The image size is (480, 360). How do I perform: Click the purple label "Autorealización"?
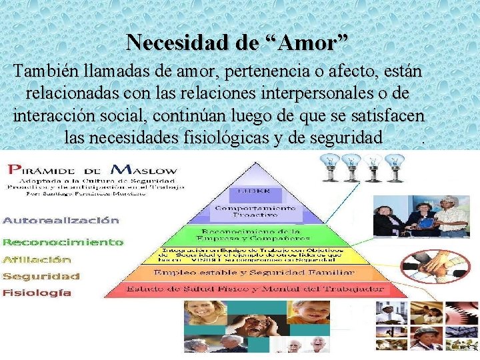tap(61, 220)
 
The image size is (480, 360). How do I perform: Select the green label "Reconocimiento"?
tap(63, 242)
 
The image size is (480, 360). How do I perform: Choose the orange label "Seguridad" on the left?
tap(41, 276)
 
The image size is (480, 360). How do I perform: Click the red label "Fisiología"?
tap(37, 293)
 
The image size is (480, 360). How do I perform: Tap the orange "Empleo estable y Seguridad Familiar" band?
tap(253, 273)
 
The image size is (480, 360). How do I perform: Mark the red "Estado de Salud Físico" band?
tap(253, 289)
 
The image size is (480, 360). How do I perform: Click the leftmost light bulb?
tap(329, 167)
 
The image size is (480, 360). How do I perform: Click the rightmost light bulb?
tap(396, 167)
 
